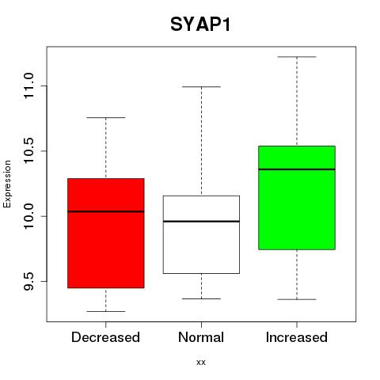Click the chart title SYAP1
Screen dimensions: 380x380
200,25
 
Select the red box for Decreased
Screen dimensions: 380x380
106,233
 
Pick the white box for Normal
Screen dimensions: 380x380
201,234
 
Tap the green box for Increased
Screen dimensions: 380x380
297,198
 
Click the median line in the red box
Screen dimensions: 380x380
106,211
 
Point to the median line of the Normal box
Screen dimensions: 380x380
201,222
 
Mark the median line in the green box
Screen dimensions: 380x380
297,169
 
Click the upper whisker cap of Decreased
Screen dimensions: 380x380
106,117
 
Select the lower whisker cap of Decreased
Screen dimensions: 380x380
106,311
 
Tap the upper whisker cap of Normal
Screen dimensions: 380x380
201,86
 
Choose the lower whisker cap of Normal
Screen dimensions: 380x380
201,298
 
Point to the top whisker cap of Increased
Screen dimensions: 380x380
297,57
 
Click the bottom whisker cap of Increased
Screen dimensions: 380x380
297,299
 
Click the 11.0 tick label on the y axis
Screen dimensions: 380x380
28,86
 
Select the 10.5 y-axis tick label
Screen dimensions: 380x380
28,151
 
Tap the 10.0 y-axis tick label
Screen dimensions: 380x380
28,216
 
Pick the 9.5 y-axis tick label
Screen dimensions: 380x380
28,281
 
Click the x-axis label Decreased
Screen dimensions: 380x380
105,337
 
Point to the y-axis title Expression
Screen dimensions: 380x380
7,184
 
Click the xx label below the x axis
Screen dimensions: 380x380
201,363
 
